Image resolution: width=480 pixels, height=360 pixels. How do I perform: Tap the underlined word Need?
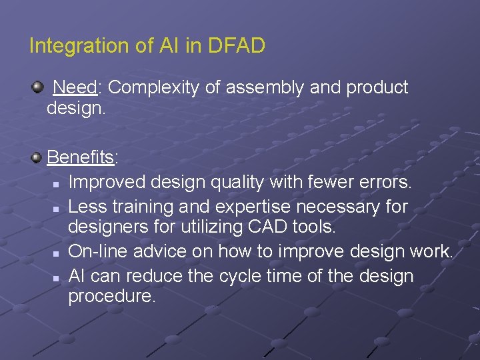(75, 87)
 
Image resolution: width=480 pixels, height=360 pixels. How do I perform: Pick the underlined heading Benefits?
(81, 157)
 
